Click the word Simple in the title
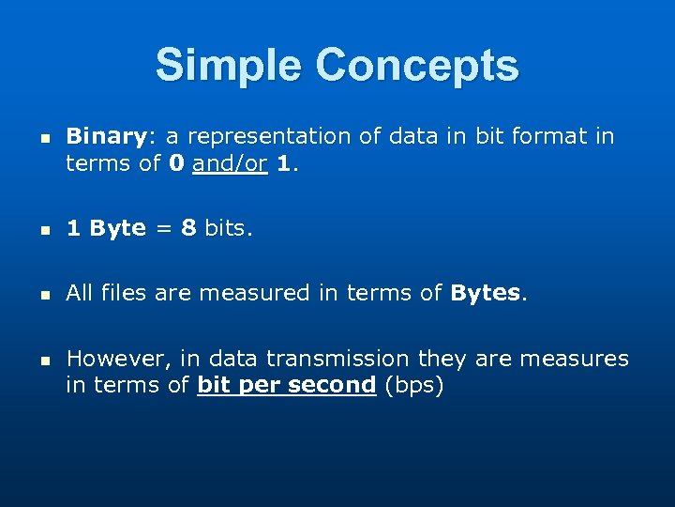click(230, 66)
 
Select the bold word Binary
click(105, 137)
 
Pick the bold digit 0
click(176, 164)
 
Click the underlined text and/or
click(230, 164)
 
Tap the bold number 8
click(188, 229)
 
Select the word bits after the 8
click(228, 229)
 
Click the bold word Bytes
click(486, 294)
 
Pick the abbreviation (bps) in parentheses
click(412, 385)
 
